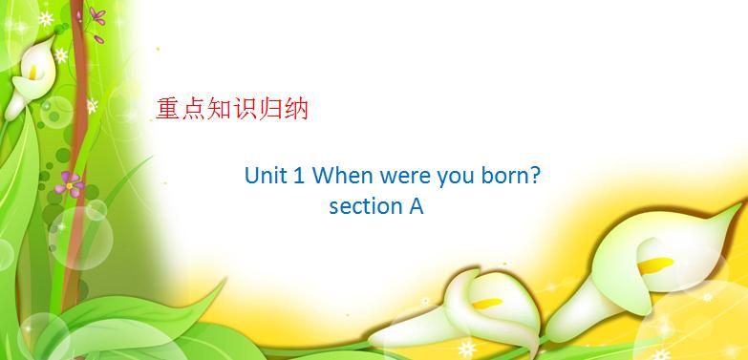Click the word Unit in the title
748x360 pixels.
pyautogui.click(x=263, y=177)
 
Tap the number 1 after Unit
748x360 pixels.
pyautogui.click(x=298, y=177)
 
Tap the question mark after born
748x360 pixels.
pyautogui.click(x=540, y=177)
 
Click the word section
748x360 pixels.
pyautogui.click(x=360, y=205)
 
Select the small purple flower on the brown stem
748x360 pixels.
pyautogui.click(x=70, y=180)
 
